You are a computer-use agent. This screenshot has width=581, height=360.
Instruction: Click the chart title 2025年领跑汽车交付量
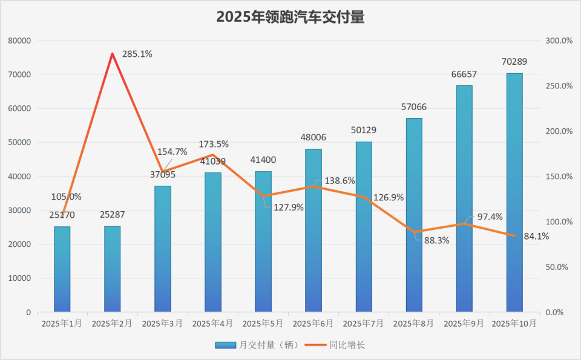290,18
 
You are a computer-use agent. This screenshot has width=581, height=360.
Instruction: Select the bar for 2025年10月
514,194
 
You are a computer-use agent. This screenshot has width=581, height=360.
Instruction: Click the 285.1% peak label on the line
137,54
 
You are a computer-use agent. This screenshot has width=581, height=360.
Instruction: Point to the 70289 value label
514,61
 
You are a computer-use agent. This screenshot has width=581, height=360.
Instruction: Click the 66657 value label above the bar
464,74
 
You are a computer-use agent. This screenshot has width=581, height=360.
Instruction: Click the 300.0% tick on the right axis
559,41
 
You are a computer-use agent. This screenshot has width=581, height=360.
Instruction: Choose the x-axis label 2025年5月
263,324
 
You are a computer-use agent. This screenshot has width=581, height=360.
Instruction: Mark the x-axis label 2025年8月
414,324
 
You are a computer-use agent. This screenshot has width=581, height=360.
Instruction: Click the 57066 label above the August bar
414,106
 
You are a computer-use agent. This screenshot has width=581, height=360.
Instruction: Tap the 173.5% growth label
214,145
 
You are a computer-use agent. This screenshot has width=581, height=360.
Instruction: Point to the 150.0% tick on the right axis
559,177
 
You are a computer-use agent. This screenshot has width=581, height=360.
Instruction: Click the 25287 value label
112,214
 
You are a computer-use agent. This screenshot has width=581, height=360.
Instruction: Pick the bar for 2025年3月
163,249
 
